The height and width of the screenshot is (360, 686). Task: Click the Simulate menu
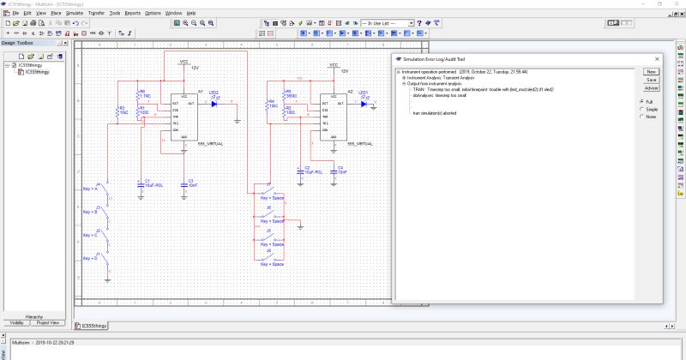coord(74,14)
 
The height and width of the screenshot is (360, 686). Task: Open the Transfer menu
coord(96,14)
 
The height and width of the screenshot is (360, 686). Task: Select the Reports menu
coord(132,14)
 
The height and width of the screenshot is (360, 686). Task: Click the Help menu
coord(191,14)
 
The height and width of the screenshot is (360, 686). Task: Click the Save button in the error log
coord(652,80)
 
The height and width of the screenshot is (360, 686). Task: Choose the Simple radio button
coord(641,110)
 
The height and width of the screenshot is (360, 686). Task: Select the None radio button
coord(641,117)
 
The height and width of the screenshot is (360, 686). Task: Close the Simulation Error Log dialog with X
coord(657,59)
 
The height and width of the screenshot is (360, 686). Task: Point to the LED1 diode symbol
coord(364,104)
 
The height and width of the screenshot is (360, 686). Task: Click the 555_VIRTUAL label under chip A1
coord(209,144)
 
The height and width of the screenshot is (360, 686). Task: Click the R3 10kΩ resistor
coord(122,111)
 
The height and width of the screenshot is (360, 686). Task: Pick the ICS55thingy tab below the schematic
coord(90,326)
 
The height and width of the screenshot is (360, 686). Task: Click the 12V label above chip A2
coord(345,71)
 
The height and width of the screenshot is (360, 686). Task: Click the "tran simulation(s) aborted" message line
coord(436,112)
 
